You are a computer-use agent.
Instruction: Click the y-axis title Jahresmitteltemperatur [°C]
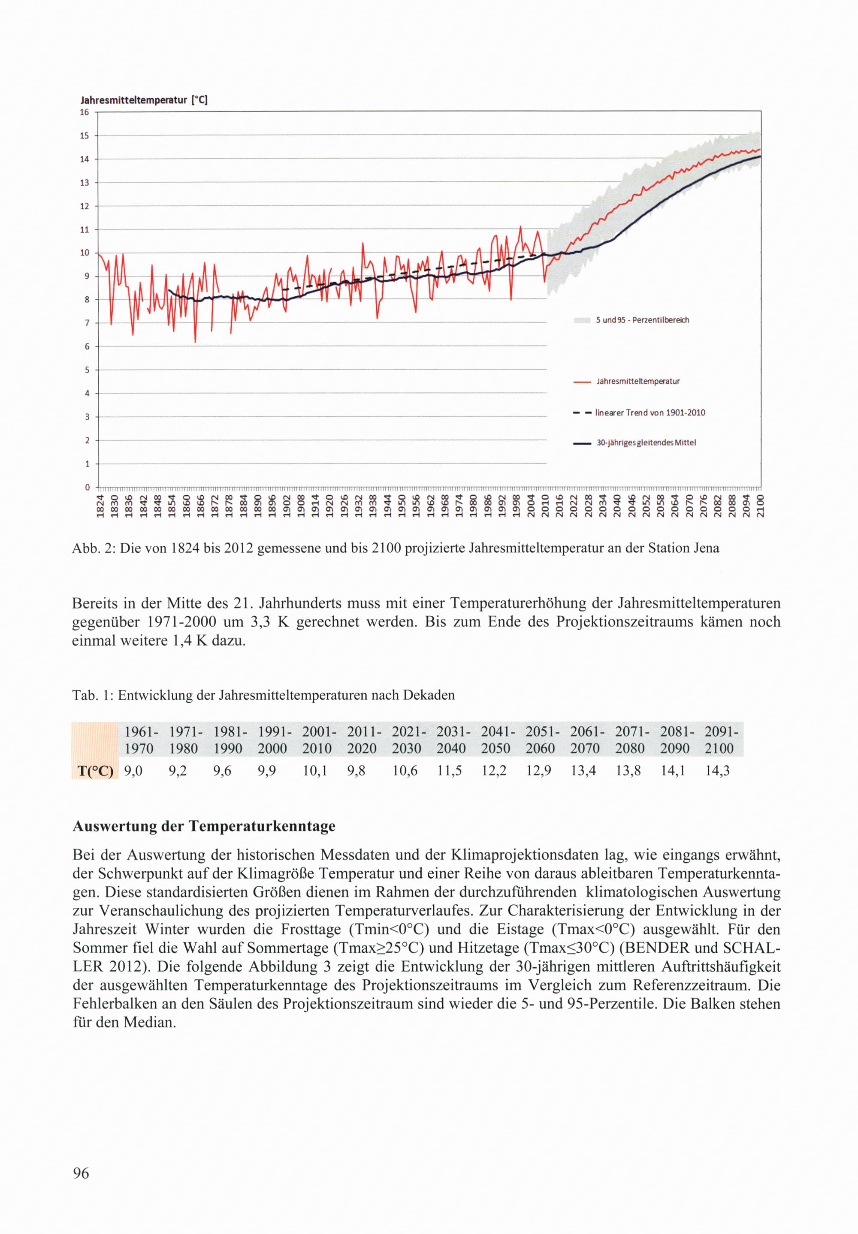[x=144, y=100]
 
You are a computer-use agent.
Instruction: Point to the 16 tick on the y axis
[x=85, y=112]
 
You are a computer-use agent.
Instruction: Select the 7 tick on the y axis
[x=87, y=323]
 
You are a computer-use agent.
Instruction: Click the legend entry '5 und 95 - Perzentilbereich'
[x=642, y=320]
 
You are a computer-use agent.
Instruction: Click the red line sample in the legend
[x=582, y=382]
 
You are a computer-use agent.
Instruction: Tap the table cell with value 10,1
[x=314, y=771]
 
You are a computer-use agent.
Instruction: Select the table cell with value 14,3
[x=717, y=771]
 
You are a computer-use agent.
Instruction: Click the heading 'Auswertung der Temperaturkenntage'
[x=204, y=826]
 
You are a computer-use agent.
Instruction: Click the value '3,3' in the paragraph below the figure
[x=260, y=622]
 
